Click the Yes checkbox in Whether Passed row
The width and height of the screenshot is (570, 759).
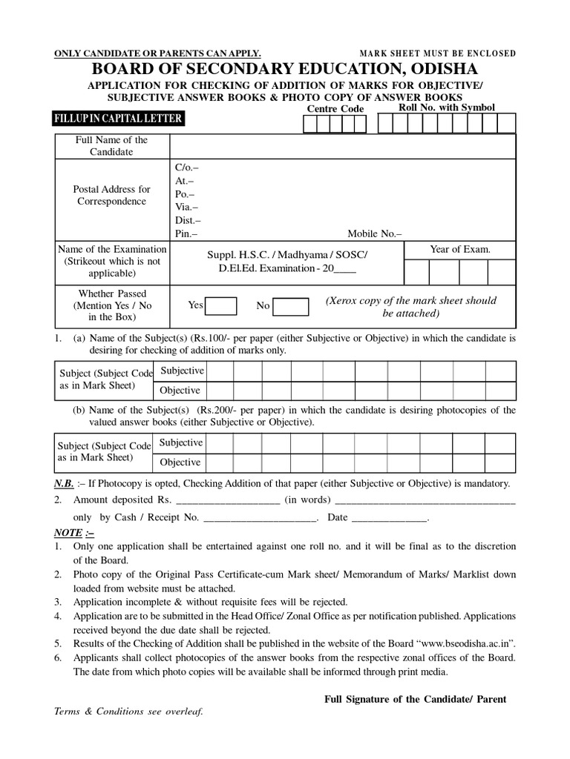tap(221, 305)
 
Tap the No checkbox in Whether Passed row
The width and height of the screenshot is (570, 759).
tap(290, 306)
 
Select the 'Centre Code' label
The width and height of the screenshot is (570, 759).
tap(335, 109)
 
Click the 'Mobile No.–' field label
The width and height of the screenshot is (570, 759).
tap(380, 233)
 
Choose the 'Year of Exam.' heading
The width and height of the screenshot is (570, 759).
tap(460, 249)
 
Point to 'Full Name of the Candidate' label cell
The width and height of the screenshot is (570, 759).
tap(111, 146)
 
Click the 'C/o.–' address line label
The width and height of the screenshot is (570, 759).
tap(186, 168)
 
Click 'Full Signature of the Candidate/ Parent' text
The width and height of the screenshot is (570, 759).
tap(416, 699)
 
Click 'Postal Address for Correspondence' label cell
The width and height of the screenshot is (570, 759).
tap(111, 196)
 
